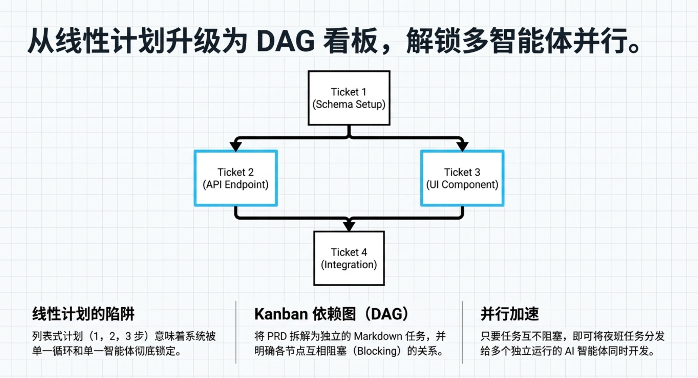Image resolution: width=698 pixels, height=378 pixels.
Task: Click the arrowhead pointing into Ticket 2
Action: pos(236,146)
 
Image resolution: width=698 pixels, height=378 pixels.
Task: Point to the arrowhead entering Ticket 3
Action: pos(462,146)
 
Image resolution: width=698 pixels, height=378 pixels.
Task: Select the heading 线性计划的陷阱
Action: pos(83,314)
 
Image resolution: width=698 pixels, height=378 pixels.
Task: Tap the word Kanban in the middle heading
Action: pos(281,314)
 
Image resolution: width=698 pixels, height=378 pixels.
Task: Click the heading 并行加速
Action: pos(509,314)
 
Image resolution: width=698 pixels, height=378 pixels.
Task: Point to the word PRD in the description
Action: pos(277,336)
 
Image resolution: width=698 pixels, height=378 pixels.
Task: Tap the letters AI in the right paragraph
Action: pos(570,351)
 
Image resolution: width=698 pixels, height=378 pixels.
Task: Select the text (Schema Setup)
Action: pos(349,104)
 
